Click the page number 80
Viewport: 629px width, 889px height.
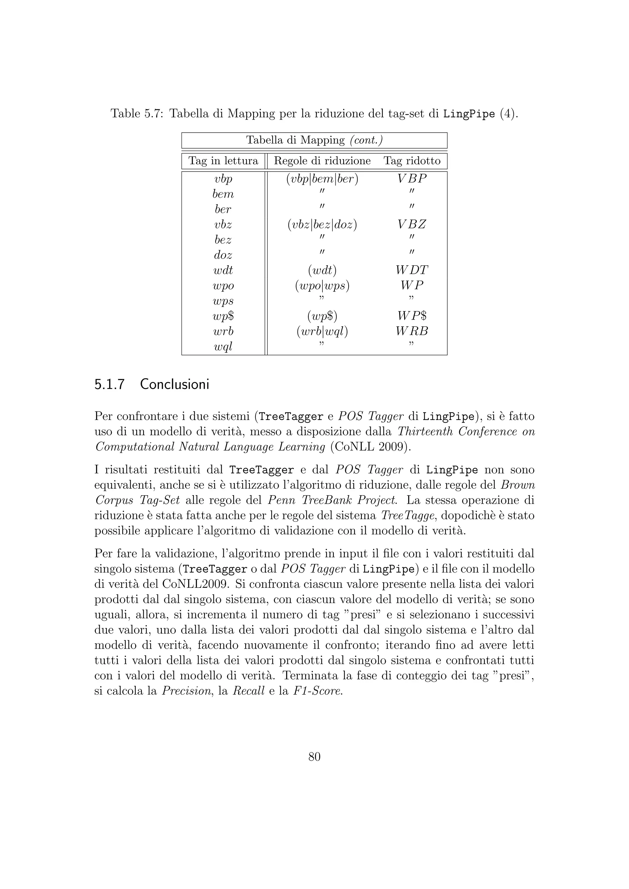tap(314, 757)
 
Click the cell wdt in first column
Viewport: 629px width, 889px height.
tap(223, 270)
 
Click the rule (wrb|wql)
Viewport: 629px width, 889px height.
tap(322, 332)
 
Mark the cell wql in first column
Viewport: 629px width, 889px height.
tap(223, 347)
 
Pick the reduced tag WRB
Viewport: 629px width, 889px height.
tap(412, 332)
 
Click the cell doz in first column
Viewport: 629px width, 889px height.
tap(223, 255)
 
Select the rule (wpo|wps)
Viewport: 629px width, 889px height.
tap(322, 286)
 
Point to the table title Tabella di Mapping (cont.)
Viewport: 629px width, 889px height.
tap(314, 140)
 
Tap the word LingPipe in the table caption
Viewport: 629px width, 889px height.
tap(469, 114)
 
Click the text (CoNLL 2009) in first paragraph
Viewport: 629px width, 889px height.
tap(370, 447)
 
